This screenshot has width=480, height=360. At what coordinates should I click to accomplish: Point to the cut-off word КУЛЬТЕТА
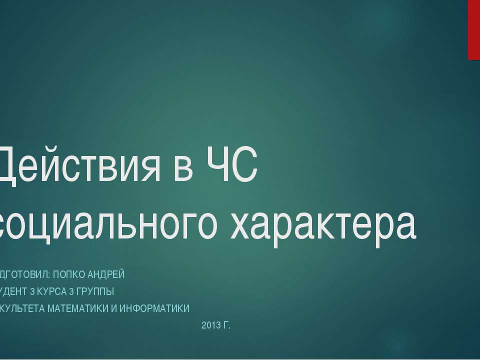click(x=22, y=308)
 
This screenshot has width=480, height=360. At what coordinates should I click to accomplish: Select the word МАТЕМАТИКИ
click(x=76, y=308)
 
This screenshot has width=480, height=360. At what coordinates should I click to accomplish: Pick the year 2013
click(x=210, y=326)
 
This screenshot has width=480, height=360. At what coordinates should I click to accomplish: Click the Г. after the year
click(x=226, y=326)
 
